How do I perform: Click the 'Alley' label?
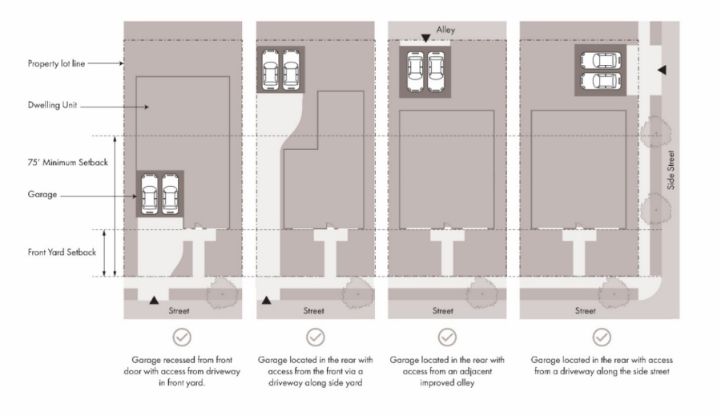[445, 30]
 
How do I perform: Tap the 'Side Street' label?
[671, 170]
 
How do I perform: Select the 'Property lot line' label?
[56, 63]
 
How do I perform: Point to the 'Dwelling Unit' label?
[52, 105]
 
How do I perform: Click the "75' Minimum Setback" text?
[67, 163]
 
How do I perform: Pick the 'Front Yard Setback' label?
[62, 252]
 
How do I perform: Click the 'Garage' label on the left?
[42, 194]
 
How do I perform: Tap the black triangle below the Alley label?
[426, 38]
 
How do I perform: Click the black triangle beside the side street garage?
[662, 70]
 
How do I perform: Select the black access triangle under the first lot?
[154, 300]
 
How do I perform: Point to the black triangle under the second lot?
[266, 301]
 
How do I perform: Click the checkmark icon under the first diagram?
[182, 337]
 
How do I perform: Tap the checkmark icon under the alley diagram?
[447, 337]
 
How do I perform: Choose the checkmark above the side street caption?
[602, 337]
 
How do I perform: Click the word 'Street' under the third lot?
[443, 311]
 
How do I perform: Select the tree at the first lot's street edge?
[223, 293]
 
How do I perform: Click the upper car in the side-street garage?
[601, 61]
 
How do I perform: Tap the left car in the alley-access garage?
[415, 72]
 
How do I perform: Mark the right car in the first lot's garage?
[170, 194]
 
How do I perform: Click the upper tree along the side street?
[656, 132]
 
